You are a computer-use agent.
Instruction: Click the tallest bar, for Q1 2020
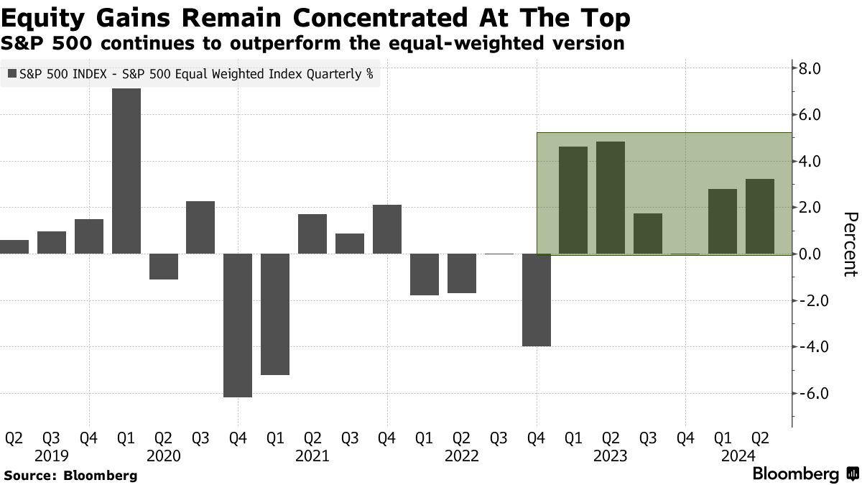[126, 171]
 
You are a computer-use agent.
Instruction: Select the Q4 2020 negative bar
[238, 325]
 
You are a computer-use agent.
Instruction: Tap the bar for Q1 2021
[275, 314]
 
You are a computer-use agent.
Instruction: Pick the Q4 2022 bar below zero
[537, 300]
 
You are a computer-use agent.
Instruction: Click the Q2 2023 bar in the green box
[611, 198]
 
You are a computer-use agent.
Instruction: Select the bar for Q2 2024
[760, 216]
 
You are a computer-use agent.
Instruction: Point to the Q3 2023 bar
[648, 234]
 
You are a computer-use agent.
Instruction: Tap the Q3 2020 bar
[200, 227]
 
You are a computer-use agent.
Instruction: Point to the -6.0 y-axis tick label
[815, 394]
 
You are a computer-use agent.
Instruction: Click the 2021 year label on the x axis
[312, 456]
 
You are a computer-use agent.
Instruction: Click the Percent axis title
[850, 244]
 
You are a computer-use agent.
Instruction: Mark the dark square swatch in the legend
[12, 73]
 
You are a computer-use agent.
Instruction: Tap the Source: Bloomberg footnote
[70, 476]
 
